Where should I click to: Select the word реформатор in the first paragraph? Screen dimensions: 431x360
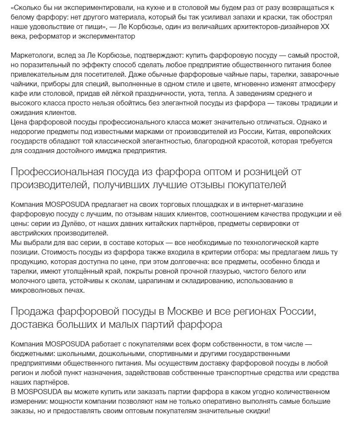(46, 37)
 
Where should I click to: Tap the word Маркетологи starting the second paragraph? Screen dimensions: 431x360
(30, 57)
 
